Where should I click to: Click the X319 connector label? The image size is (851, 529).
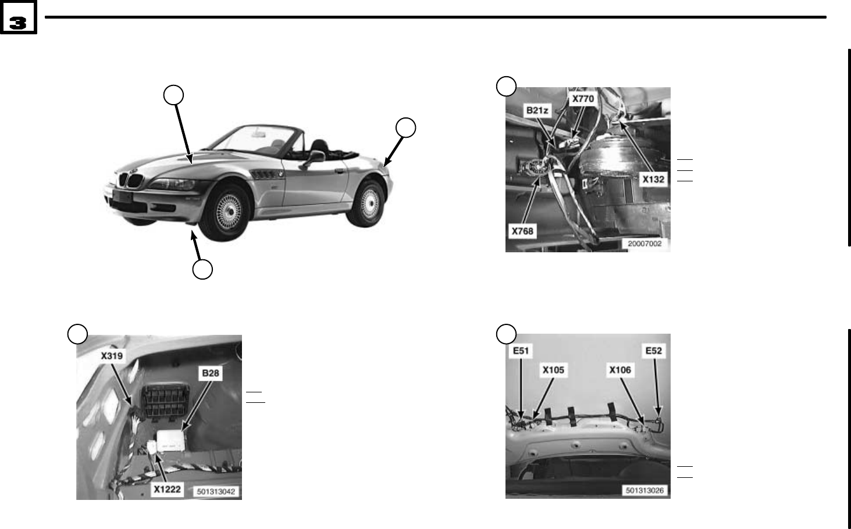(x=112, y=355)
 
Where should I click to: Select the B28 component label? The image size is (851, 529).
(x=210, y=373)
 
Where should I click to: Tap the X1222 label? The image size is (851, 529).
(x=167, y=489)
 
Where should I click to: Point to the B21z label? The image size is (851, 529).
(x=537, y=110)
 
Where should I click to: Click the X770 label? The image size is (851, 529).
(x=583, y=98)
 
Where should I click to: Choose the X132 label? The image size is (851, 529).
(x=653, y=179)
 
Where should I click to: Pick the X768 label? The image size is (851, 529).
(x=522, y=231)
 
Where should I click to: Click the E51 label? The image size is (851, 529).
(x=521, y=351)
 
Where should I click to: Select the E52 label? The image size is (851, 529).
(x=654, y=351)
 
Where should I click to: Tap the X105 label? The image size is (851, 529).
(x=553, y=370)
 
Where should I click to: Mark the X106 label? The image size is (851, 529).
(x=620, y=370)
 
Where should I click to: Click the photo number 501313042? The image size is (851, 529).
(x=216, y=491)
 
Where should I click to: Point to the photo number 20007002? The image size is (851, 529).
(x=645, y=244)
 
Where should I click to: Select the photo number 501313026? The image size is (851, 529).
(x=645, y=490)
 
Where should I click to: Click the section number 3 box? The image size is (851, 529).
(x=18, y=22)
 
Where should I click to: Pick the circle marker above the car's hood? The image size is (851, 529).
(x=173, y=94)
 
